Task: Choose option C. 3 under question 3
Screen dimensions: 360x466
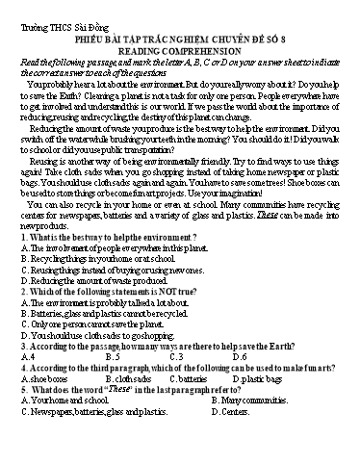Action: pos(175,355)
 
